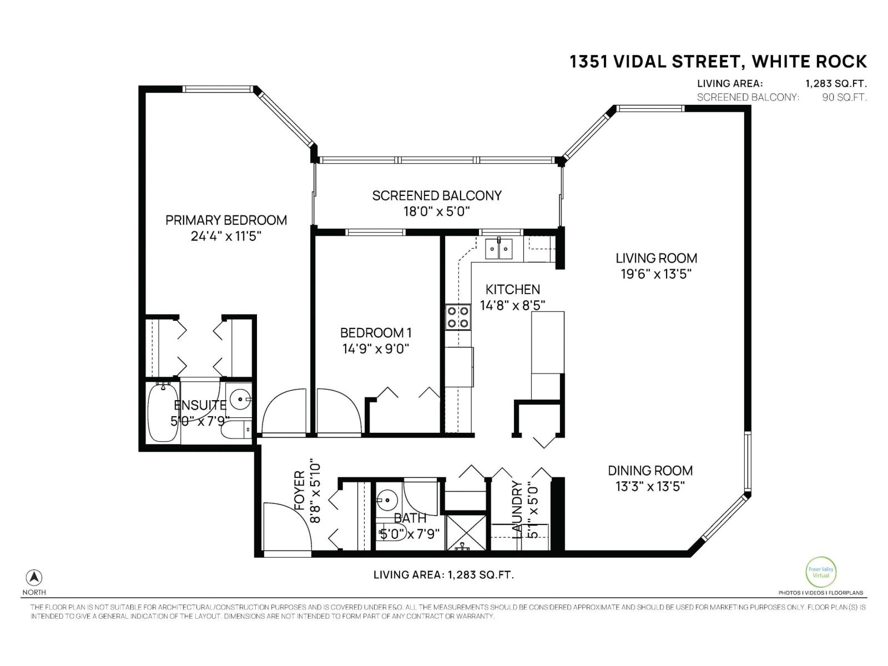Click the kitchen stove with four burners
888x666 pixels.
458,317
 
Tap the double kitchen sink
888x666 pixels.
498,249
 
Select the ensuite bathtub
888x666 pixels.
162,411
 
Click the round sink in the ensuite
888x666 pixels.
240,398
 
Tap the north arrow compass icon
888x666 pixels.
34,577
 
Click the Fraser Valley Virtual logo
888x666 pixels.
820,572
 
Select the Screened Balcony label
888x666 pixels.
436,196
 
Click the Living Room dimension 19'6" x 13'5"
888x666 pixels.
656,274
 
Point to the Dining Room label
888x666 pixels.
650,471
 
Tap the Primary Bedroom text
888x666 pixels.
226,220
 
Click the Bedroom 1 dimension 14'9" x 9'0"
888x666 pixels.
376,349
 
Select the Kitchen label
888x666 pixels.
512,289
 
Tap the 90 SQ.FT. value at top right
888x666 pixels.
844,97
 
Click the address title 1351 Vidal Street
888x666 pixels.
718,62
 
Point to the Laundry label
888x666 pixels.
517,508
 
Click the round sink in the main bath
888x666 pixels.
387,501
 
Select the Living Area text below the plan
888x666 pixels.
443,575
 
